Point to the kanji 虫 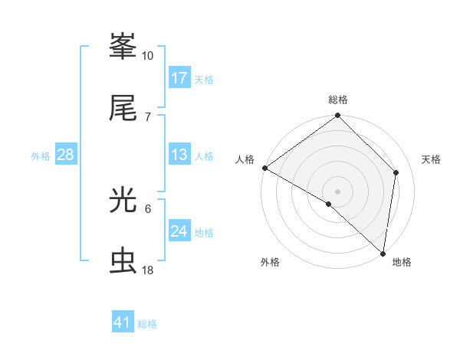pyautogui.click(x=123, y=260)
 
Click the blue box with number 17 pyautogui.click(x=179, y=78)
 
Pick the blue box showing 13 pyautogui.click(x=179, y=155)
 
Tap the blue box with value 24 pyautogui.click(x=179, y=231)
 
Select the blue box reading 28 pyautogui.click(x=65, y=155)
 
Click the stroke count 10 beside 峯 pyautogui.click(x=148, y=56)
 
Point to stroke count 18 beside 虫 pyautogui.click(x=148, y=270)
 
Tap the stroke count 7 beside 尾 pyautogui.click(x=148, y=116)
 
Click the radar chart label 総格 pyautogui.click(x=338, y=100)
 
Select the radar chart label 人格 pyautogui.click(x=245, y=159)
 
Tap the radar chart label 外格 pyautogui.click(x=270, y=262)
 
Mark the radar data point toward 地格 pyautogui.click(x=383, y=253)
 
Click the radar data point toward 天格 pyautogui.click(x=396, y=172)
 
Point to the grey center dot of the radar pyautogui.click(x=337, y=191)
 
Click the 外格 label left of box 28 pyautogui.click(x=41, y=155)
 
